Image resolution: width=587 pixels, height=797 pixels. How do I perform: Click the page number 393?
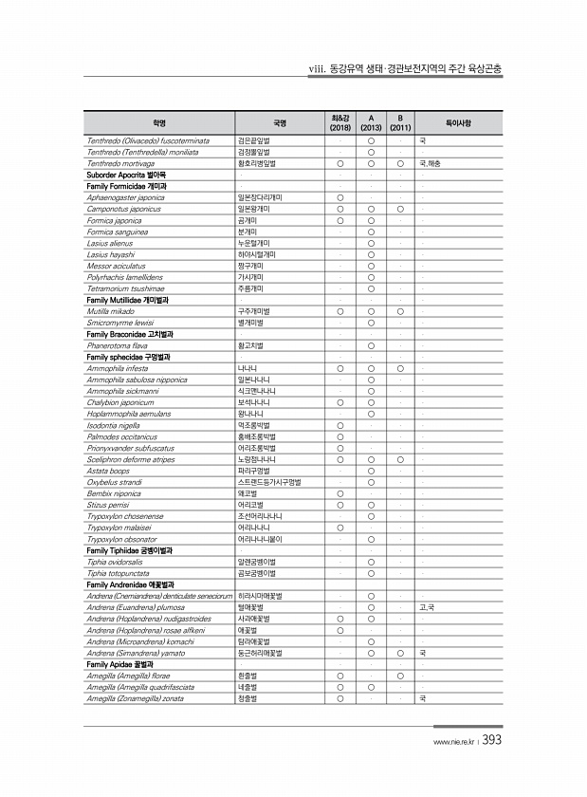(x=492, y=740)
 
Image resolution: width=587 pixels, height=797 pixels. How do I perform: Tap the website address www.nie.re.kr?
(x=454, y=743)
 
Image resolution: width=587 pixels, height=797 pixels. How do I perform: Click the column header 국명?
(x=279, y=122)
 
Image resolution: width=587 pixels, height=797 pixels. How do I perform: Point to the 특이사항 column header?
(x=458, y=122)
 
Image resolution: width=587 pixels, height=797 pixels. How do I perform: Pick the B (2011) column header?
(x=401, y=122)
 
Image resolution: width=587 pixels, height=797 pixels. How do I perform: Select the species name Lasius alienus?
(x=108, y=243)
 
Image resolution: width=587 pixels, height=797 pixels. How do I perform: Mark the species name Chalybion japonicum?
(x=120, y=402)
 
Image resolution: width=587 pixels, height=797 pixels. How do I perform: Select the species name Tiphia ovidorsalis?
(x=115, y=562)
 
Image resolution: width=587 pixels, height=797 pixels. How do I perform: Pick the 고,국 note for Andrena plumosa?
(x=427, y=608)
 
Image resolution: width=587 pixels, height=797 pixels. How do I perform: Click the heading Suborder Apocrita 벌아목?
(x=124, y=175)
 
